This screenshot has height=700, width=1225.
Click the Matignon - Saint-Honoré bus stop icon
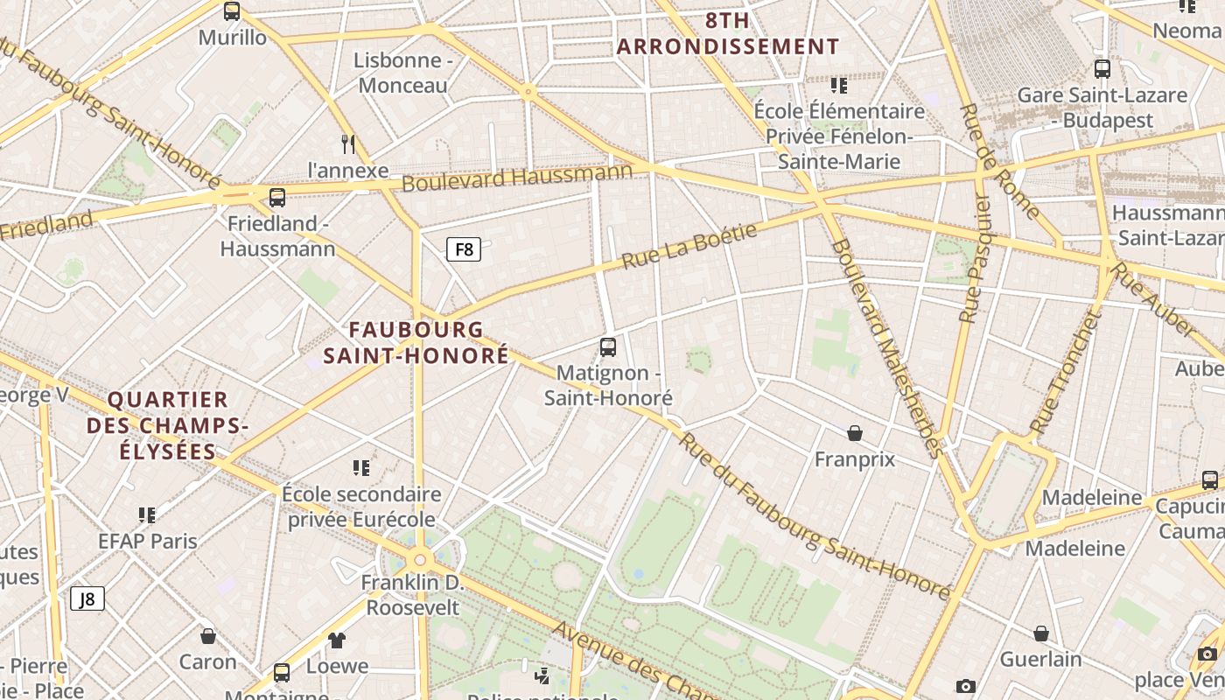coord(608,346)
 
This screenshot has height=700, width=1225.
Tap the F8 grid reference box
coord(464,249)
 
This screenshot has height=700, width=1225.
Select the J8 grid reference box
coord(87,598)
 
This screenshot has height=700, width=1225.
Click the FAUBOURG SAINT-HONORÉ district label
coord(416,342)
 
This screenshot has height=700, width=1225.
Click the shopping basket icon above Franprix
coord(855,433)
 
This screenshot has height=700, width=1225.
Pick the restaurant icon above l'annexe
coord(348,143)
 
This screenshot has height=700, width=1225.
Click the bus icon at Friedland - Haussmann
coord(277,197)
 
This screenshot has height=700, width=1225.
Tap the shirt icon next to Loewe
coord(337,640)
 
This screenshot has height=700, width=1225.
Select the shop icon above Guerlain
coord(1041,633)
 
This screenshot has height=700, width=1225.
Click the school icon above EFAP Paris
coord(147,514)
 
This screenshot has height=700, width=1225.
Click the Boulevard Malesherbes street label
coord(885,346)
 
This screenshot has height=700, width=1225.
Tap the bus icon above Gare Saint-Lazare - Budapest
coord(1102,68)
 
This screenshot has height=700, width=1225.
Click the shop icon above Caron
coord(208,635)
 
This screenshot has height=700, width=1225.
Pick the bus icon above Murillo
coord(232,11)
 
